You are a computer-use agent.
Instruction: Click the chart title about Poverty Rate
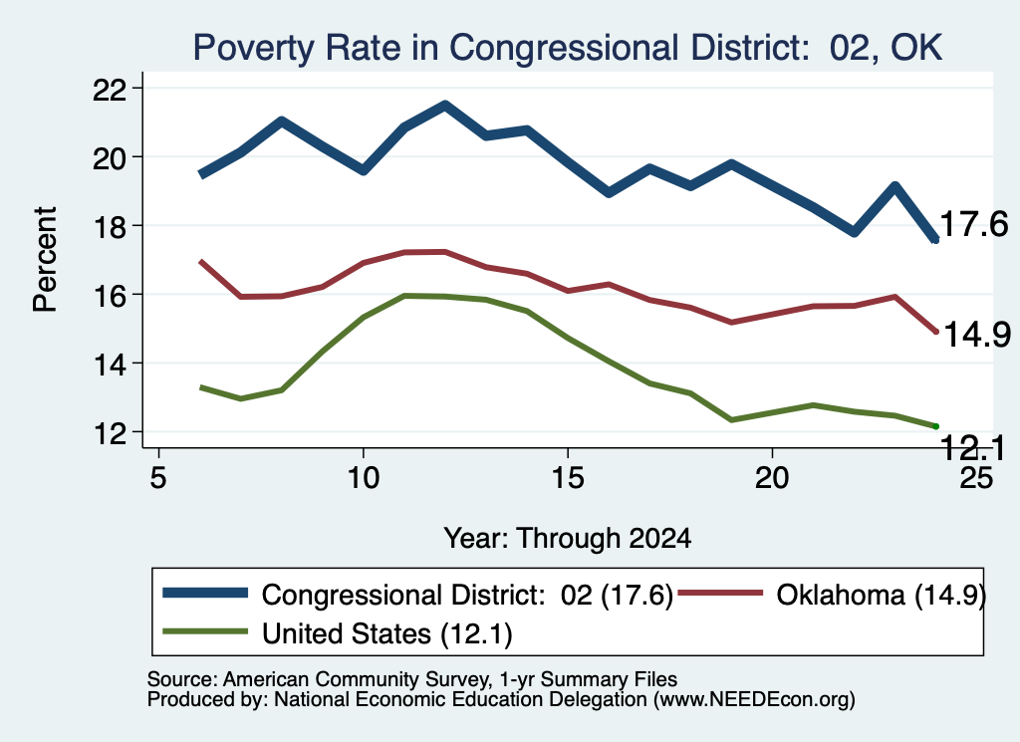(x=567, y=48)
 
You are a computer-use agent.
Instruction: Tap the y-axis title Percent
(x=45, y=260)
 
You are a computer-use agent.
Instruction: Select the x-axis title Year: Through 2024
(x=567, y=539)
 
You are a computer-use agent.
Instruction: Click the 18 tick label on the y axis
(x=110, y=226)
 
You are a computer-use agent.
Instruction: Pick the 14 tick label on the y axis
(x=110, y=364)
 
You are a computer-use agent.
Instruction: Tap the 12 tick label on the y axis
(x=110, y=432)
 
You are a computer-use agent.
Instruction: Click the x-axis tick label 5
(x=158, y=478)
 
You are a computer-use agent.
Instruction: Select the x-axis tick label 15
(x=568, y=478)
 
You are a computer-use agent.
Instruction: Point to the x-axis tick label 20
(x=772, y=478)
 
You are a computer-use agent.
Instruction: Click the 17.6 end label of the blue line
(x=974, y=224)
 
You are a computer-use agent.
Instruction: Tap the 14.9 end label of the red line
(x=977, y=335)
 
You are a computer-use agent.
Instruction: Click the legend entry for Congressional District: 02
(x=417, y=595)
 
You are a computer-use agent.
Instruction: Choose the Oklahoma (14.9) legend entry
(x=833, y=595)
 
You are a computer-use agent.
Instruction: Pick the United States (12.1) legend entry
(x=337, y=633)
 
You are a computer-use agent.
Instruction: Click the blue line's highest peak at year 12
(x=445, y=105)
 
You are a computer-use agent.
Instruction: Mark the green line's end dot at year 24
(x=935, y=426)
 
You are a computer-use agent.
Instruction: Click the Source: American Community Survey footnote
(x=412, y=679)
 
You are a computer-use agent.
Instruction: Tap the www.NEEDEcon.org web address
(x=754, y=699)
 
